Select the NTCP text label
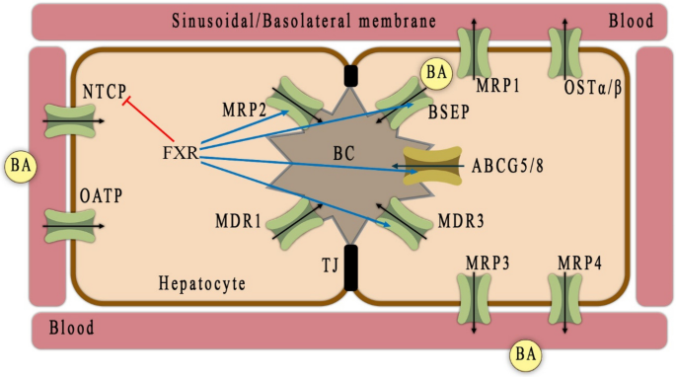pyautogui.click(x=104, y=93)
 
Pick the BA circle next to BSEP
pyautogui.click(x=435, y=73)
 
